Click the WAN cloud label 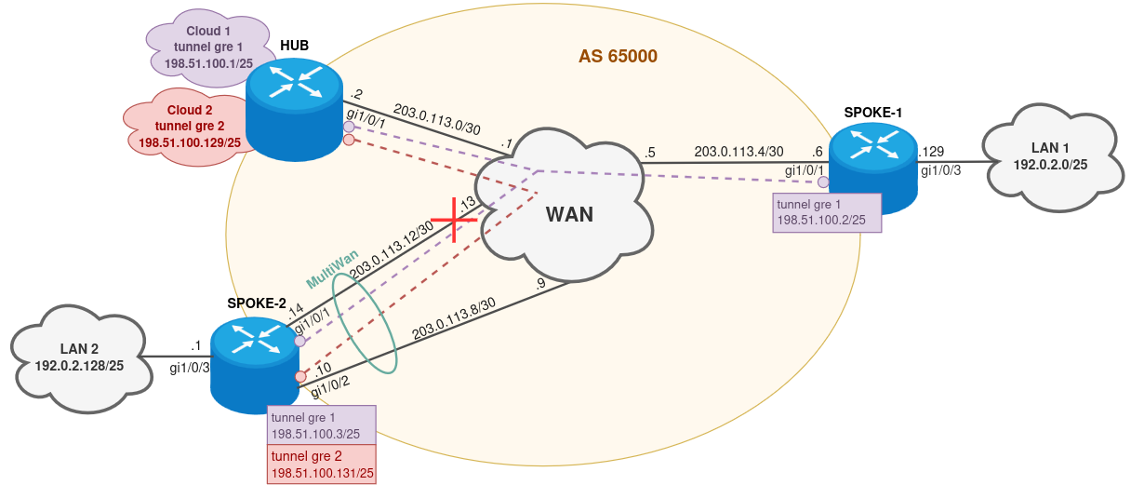[568, 214]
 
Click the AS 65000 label [618, 57]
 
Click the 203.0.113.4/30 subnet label [738, 151]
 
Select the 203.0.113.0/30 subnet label [436, 119]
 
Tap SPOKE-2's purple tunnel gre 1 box [321, 424]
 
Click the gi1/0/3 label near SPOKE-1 [940, 169]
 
